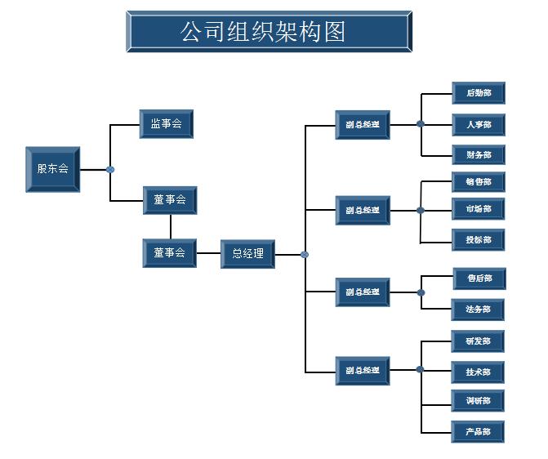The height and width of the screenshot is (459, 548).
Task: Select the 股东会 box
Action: [x=53, y=169]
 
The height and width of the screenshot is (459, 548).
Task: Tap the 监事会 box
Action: [x=166, y=124]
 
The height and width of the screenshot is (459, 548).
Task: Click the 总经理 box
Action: [x=247, y=253]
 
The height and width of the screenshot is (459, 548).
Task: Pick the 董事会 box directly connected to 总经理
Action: [x=169, y=253]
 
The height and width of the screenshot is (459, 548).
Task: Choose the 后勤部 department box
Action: [x=479, y=93]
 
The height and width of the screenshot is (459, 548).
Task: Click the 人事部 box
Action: [x=479, y=125]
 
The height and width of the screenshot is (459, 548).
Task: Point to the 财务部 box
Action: [x=479, y=155]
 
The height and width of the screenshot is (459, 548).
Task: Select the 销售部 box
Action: [x=479, y=182]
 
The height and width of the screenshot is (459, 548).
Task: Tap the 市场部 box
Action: [x=479, y=209]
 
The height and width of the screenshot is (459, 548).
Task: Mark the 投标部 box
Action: [x=479, y=240]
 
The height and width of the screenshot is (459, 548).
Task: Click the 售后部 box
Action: [x=479, y=279]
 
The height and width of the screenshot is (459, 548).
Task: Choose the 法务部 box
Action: [x=479, y=310]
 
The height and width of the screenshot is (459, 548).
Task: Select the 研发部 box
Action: [x=479, y=341]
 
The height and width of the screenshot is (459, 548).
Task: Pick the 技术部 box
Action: [x=479, y=372]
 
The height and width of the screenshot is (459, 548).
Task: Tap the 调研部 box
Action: [x=479, y=401]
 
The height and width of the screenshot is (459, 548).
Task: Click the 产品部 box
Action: [x=479, y=431]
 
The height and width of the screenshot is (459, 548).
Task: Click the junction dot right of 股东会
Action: [x=110, y=170]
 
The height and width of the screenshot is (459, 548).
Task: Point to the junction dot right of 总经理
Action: [x=305, y=254]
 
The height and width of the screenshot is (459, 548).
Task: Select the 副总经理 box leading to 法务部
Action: [x=363, y=292]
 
